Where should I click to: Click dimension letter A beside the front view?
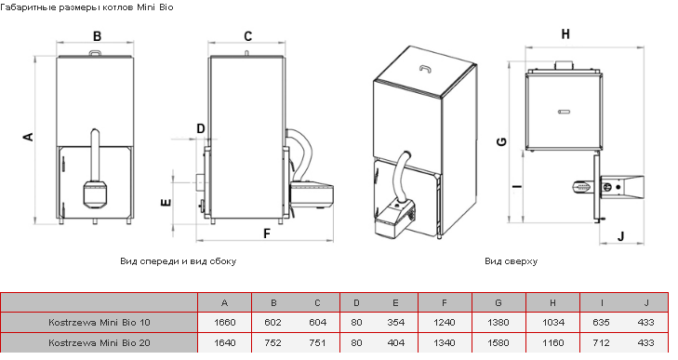(x=28, y=137)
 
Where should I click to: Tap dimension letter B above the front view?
(x=97, y=36)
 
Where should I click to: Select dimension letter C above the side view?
(x=247, y=36)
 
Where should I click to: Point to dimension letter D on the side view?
(x=200, y=128)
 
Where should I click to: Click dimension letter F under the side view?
(x=267, y=233)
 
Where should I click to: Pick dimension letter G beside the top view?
(x=501, y=141)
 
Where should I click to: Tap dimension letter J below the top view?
(x=621, y=236)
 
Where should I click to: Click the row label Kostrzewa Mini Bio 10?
(x=100, y=323)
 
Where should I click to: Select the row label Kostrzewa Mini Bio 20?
(x=100, y=342)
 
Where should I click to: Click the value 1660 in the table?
(x=225, y=323)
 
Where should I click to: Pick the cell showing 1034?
(x=553, y=323)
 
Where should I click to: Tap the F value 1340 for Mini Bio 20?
(x=444, y=342)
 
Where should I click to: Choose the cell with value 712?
(x=601, y=342)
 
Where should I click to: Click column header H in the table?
(x=552, y=303)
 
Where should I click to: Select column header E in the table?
(x=395, y=303)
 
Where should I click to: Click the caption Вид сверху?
(x=512, y=261)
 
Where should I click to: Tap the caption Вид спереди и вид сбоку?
(x=179, y=261)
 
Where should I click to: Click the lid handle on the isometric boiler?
(x=425, y=68)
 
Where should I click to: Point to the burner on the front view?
(x=95, y=193)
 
